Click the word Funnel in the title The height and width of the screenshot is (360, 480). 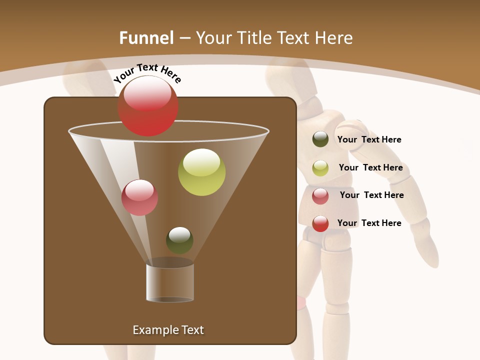coord(146,38)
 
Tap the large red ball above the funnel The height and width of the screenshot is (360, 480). coord(147,106)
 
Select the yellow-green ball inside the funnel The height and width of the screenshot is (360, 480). coord(201,172)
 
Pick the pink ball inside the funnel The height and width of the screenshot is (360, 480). coord(139,197)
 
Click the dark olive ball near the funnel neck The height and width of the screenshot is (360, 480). coord(179,240)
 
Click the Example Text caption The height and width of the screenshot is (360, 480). coord(168,330)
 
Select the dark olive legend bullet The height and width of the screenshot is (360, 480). coord(320,139)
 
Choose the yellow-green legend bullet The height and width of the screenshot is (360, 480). coord(320,168)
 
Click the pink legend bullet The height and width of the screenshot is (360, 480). coord(320,196)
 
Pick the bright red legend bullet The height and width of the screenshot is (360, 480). coord(320,223)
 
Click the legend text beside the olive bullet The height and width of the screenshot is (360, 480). coord(369,140)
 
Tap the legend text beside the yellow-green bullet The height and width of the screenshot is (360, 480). coord(370,168)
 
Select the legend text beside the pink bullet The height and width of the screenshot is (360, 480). coord(371,195)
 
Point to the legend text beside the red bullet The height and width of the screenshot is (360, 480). coord(369,223)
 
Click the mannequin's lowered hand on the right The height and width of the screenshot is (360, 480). coord(428,252)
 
